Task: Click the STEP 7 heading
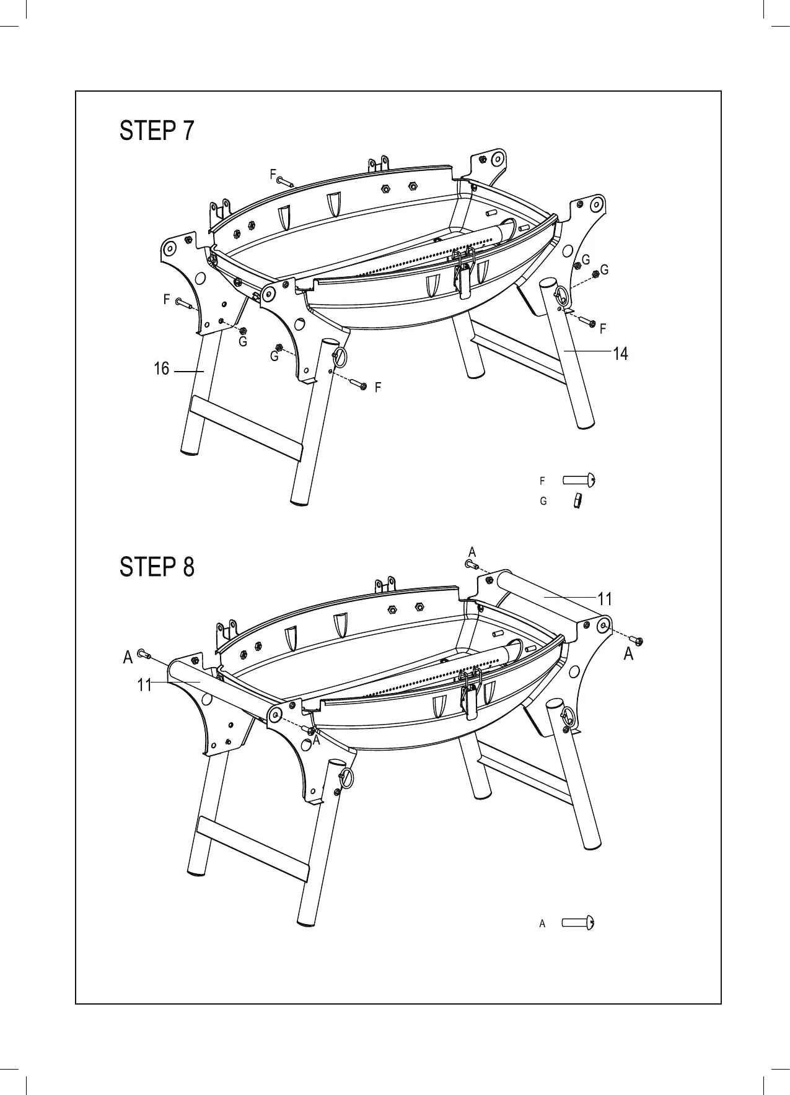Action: (157, 131)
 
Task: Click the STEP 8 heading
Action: (157, 567)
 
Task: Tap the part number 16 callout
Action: (161, 369)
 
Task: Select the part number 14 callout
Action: (620, 354)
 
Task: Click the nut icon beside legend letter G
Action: (577, 500)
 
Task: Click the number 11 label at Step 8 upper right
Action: (605, 599)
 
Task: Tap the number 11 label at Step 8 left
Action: (144, 685)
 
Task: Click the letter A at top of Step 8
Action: (472, 552)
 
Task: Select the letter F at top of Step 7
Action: (273, 175)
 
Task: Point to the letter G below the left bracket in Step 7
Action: (243, 341)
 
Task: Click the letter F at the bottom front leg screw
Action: (377, 388)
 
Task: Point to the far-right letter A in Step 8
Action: (628, 653)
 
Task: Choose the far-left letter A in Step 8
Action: (128, 657)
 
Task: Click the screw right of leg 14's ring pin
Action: (589, 323)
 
